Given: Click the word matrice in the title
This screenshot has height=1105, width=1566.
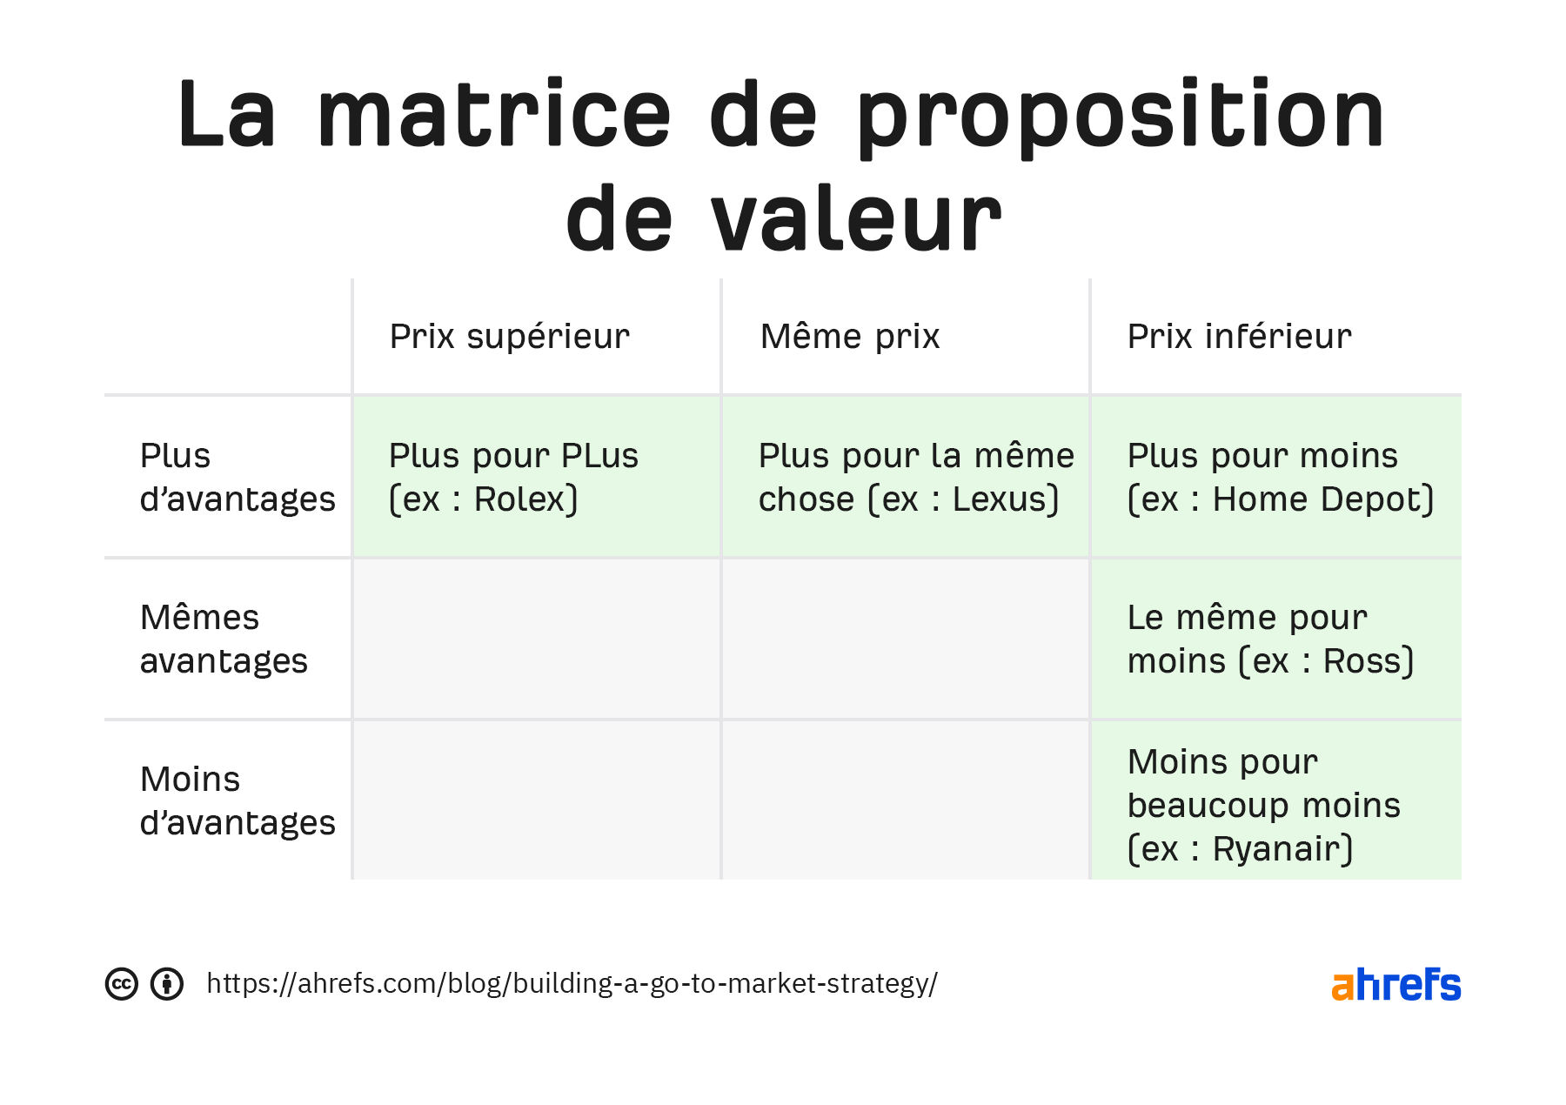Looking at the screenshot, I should click(x=494, y=115).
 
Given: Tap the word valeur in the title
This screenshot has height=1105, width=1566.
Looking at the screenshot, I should click(x=856, y=219).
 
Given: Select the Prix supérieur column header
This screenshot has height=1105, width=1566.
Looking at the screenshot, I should click(x=509, y=337).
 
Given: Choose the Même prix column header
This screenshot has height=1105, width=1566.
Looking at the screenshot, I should click(x=849, y=337).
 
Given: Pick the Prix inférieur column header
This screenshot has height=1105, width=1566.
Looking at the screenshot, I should click(x=1239, y=337).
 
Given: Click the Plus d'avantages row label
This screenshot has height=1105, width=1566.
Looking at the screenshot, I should click(x=237, y=478).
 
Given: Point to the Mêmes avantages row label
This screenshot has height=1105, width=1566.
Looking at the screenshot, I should click(x=224, y=640).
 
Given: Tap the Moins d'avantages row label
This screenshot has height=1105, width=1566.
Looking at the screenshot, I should click(x=237, y=801).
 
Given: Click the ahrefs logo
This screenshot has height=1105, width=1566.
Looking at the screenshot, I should click(x=1395, y=985).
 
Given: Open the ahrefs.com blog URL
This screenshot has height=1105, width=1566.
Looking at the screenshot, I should click(x=572, y=984).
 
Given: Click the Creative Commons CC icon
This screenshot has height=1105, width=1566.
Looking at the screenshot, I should click(x=122, y=984).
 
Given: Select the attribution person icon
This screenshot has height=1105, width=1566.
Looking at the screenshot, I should click(x=167, y=984).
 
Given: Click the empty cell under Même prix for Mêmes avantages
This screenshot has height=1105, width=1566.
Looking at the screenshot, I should click(x=905, y=640).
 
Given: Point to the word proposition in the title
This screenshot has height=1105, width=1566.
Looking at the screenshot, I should click(x=1121, y=115).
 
